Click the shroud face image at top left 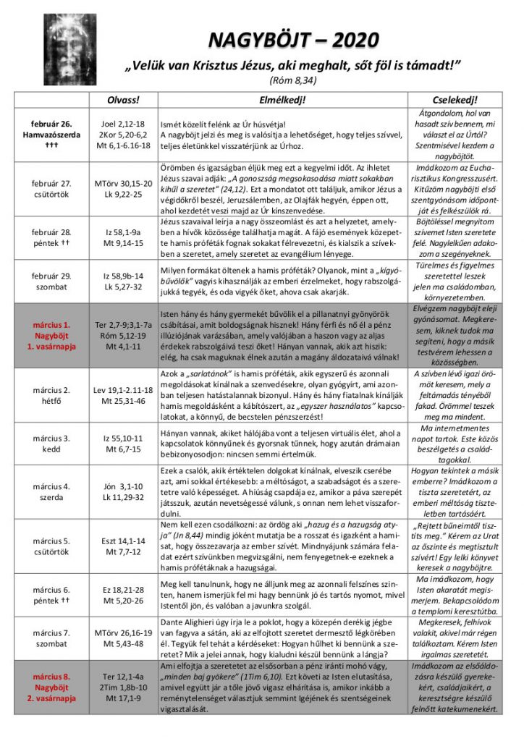[x=69, y=49]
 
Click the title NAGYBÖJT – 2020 [x=294, y=40]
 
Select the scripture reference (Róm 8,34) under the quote [x=293, y=80]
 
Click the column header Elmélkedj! [x=282, y=99]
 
